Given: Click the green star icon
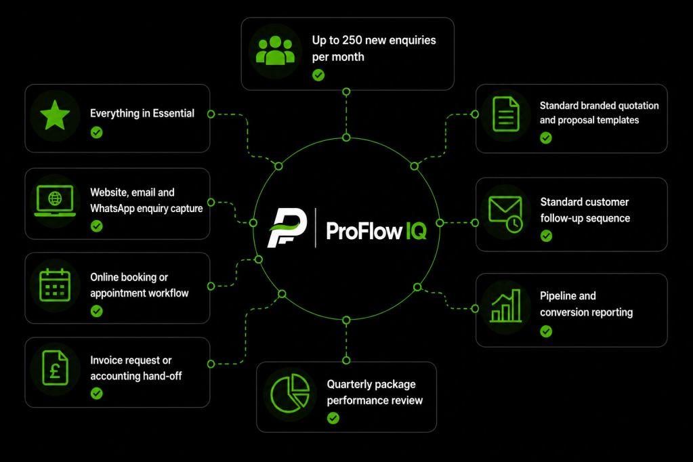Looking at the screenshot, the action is pyautogui.click(x=55, y=115).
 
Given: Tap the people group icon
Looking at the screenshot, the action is pyautogui.click(x=275, y=51).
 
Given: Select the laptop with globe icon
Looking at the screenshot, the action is pyautogui.click(x=55, y=201).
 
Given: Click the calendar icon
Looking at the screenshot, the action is pyautogui.click(x=55, y=286).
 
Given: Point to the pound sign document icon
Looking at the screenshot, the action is pyautogui.click(x=56, y=368).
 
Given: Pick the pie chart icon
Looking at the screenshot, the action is pyautogui.click(x=290, y=393).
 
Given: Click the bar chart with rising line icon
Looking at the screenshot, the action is pyautogui.click(x=505, y=306).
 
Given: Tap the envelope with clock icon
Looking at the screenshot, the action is pyautogui.click(x=505, y=214).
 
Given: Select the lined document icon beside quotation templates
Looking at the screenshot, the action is pyautogui.click(x=506, y=114).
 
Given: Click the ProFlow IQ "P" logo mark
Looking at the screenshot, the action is pyautogui.click(x=287, y=228).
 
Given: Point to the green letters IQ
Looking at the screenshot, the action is pyautogui.click(x=417, y=230).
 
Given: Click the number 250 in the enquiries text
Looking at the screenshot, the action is pyautogui.click(x=352, y=40).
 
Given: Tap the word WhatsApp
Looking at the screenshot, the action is pyautogui.click(x=112, y=208).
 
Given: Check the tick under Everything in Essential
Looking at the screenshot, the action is pyautogui.click(x=96, y=132).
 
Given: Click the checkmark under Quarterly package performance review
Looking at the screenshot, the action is pyautogui.click(x=333, y=418).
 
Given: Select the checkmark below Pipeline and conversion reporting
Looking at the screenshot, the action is pyautogui.click(x=546, y=331).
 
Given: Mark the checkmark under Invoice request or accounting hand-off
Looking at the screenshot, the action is pyautogui.click(x=96, y=393).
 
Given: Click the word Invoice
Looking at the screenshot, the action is pyautogui.click(x=106, y=360).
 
